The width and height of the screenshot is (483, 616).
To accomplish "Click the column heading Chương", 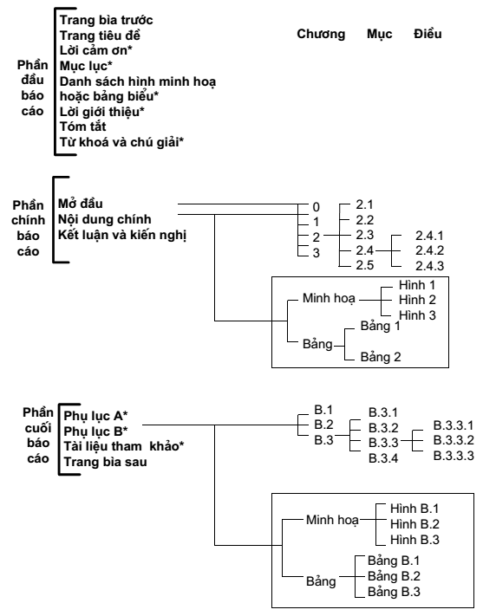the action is (x=321, y=34).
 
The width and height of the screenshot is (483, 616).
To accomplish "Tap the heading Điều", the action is (x=428, y=34).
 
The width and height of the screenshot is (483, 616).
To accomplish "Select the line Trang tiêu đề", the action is (x=100, y=36).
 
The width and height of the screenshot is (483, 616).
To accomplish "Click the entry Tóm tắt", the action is (x=82, y=126).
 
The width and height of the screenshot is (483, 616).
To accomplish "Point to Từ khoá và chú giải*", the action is (x=121, y=142).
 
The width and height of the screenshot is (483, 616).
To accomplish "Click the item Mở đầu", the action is (x=81, y=204).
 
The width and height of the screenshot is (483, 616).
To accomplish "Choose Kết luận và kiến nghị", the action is (x=122, y=235).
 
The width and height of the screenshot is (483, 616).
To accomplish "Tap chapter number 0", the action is (x=317, y=207).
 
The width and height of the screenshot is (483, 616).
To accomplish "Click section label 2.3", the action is (x=364, y=235).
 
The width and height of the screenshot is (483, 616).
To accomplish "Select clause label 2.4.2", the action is (x=429, y=250).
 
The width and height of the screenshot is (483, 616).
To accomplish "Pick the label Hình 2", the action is (x=417, y=300).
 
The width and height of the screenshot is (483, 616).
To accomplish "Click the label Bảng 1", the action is (x=381, y=326).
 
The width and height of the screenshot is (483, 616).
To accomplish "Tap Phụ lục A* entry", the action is (x=95, y=416).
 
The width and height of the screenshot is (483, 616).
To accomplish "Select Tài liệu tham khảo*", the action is (x=124, y=446).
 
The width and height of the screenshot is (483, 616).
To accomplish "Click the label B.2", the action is (x=323, y=425).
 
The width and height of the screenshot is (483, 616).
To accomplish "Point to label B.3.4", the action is (x=383, y=458).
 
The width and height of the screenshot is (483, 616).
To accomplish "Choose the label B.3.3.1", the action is (x=454, y=425).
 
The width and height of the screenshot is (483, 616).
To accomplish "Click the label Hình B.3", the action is (x=414, y=540).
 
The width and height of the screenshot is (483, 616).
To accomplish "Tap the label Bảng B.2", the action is (x=394, y=576).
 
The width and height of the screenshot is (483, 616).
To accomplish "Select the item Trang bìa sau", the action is (x=106, y=462).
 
